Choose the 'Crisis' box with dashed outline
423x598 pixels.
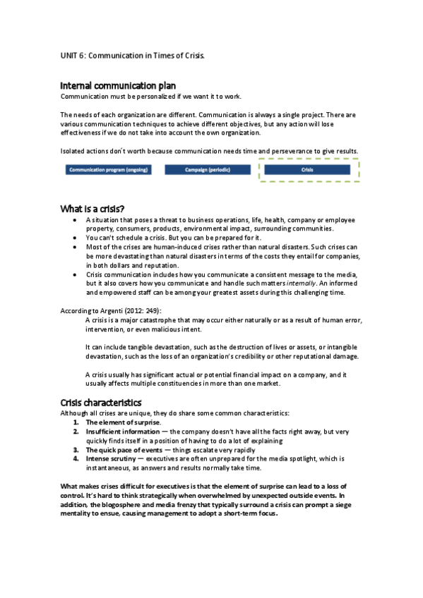coord(308,170)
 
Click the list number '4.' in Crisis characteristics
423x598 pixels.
coord(76,458)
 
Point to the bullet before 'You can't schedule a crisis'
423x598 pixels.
coord(76,238)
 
